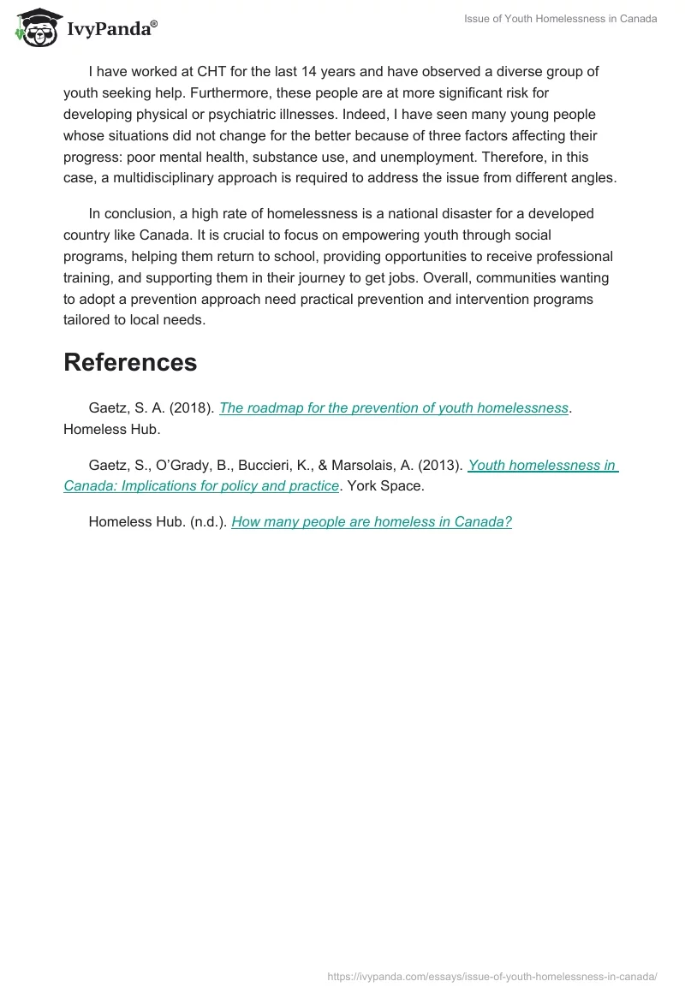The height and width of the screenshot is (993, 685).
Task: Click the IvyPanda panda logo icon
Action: pyautogui.click(x=34, y=28)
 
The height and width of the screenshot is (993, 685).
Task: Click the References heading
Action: pyautogui.click(x=130, y=362)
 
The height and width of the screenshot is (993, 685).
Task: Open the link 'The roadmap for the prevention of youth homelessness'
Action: pyautogui.click(x=394, y=407)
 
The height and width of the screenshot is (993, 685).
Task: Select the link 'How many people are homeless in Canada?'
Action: pyautogui.click(x=372, y=521)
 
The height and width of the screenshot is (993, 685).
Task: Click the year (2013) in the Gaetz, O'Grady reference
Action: pyautogui.click(x=441, y=465)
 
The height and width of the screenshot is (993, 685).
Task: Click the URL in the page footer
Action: pyautogui.click(x=492, y=976)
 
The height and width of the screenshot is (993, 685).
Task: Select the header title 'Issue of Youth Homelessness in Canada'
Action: pyautogui.click(x=560, y=19)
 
